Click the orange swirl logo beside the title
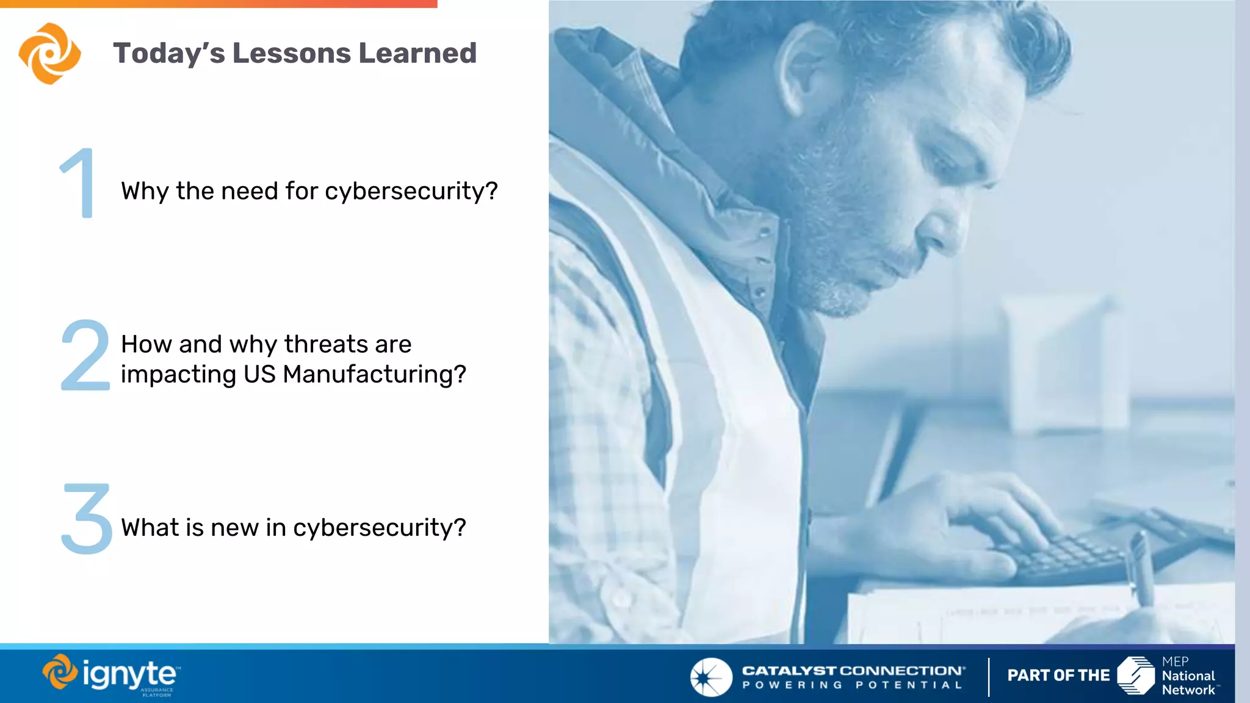pyautogui.click(x=49, y=53)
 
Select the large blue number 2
pyautogui.click(x=85, y=355)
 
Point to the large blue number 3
pyautogui.click(x=87, y=519)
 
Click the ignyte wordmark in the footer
pyautogui.click(x=129, y=674)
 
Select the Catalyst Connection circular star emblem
pyautogui.click(x=710, y=677)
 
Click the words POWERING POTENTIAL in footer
pyautogui.click(x=852, y=685)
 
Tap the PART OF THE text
pyautogui.click(x=1058, y=676)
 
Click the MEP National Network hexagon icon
pyautogui.click(x=1135, y=676)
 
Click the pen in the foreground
pyautogui.click(x=1140, y=568)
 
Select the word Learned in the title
pyautogui.click(x=417, y=53)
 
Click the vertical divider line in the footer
pyautogui.click(x=989, y=677)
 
